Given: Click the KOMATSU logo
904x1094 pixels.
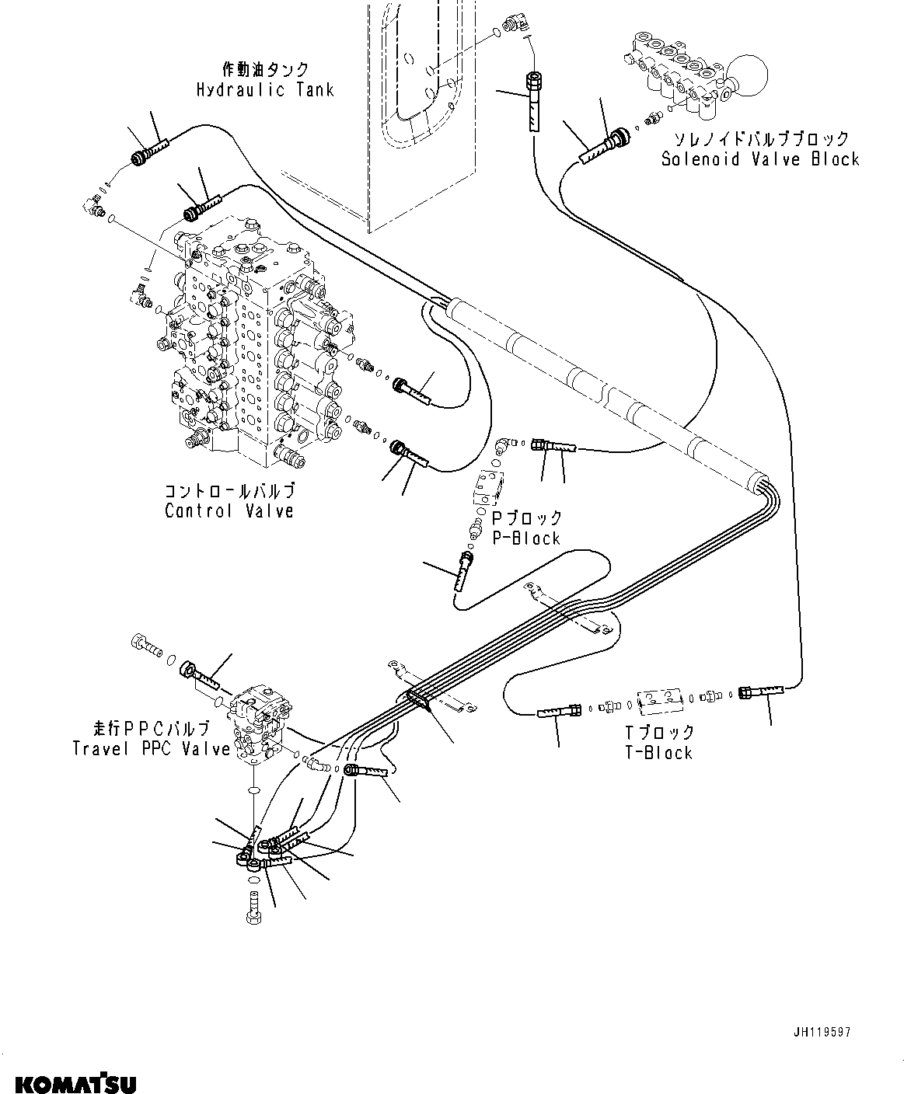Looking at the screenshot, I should click(x=68, y=1082).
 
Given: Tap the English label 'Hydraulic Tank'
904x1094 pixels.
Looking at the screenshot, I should click(x=265, y=90).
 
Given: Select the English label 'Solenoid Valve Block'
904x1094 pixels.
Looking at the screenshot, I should click(x=759, y=159).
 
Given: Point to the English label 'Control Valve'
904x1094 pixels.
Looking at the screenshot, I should click(x=229, y=511).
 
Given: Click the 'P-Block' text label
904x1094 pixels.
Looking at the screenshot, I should click(x=526, y=538).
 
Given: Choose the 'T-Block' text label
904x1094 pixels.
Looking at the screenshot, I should click(x=658, y=752).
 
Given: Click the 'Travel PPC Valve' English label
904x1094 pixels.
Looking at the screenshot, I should click(x=151, y=749).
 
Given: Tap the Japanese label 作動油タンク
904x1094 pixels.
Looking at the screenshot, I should click(x=266, y=70).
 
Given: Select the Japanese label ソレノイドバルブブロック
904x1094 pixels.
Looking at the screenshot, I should click(x=761, y=139).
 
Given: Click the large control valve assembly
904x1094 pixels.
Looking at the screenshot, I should click(x=249, y=342).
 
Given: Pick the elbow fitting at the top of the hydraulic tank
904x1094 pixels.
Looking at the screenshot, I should click(x=515, y=26).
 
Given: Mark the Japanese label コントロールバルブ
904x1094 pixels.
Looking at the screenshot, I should click(x=229, y=492).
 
